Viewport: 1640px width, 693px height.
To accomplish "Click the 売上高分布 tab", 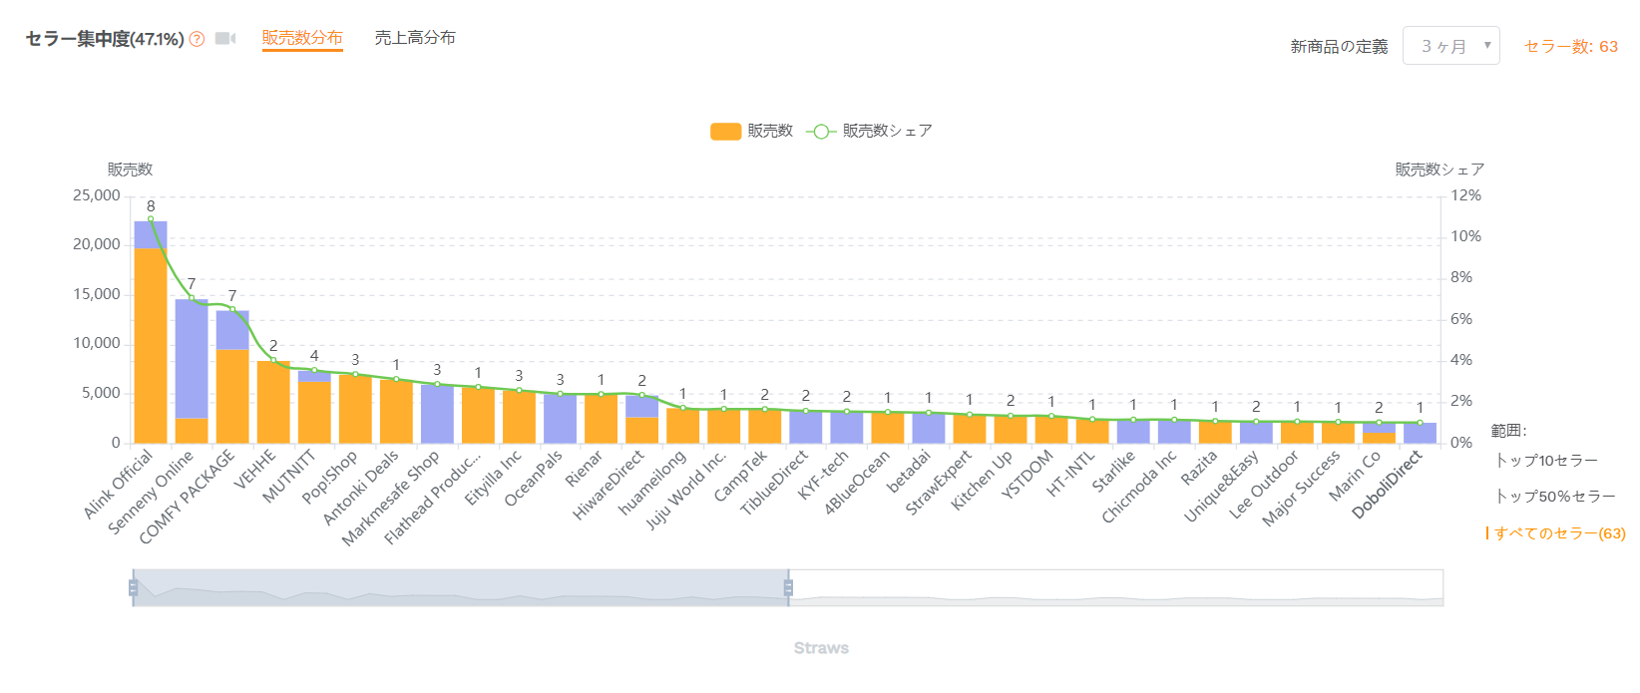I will click(x=415, y=38).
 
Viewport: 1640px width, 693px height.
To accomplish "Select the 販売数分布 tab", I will click(x=302, y=38).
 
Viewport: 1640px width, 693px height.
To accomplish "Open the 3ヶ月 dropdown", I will click(x=1450, y=46).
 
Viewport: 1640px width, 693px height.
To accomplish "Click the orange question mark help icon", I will click(x=198, y=39).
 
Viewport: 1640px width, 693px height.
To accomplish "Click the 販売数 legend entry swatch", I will click(x=725, y=131).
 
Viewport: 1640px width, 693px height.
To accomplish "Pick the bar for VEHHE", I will click(x=273, y=402).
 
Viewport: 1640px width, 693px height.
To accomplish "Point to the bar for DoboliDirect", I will click(x=1420, y=433).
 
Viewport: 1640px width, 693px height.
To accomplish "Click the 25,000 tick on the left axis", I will click(x=97, y=195).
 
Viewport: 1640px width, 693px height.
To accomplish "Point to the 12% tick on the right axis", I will click(x=1465, y=195).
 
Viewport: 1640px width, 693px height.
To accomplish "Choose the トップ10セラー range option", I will click(x=1546, y=460).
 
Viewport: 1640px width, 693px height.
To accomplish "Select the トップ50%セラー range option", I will click(x=1554, y=496).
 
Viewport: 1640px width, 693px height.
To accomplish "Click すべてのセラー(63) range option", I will click(x=1559, y=533).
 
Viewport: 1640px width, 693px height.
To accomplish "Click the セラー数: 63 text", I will click(x=1571, y=46).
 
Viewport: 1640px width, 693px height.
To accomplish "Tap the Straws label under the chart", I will click(x=821, y=648).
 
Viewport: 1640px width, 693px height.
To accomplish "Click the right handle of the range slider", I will click(x=788, y=587).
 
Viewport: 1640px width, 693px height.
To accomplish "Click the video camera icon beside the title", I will click(x=225, y=39).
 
